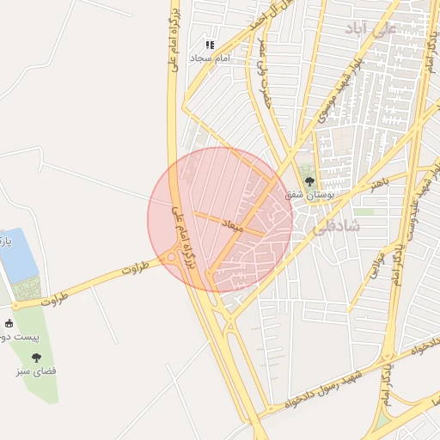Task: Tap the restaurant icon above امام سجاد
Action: click(208, 44)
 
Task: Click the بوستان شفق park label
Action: click(310, 195)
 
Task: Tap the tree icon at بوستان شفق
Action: click(309, 180)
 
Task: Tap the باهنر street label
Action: click(381, 181)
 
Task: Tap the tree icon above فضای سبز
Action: click(35, 357)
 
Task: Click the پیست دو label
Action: click(16, 338)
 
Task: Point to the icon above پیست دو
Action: click(9, 324)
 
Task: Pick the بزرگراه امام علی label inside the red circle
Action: click(186, 241)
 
